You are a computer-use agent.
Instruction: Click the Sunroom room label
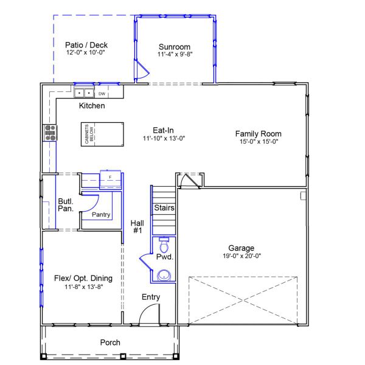tap(175, 47)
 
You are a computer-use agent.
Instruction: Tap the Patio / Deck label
tap(86, 44)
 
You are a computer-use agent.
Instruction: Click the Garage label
tap(241, 248)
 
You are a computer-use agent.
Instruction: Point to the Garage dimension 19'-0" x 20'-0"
tap(241, 255)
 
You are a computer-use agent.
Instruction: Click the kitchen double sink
tap(85, 93)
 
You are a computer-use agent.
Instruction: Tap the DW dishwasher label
tap(102, 94)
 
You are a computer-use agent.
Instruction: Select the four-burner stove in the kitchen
tap(49, 133)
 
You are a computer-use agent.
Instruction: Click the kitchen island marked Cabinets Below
tap(101, 133)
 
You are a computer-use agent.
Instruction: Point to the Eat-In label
tap(163, 130)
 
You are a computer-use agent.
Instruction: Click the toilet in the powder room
tap(162, 246)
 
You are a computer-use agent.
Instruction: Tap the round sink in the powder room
tap(164, 276)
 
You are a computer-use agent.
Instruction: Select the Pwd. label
tap(165, 257)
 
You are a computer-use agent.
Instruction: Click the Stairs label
tap(164, 208)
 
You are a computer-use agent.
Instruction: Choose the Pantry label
tap(100, 214)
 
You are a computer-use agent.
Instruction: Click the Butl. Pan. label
tap(66, 204)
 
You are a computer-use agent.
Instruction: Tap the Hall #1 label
tap(137, 227)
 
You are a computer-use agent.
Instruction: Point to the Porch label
tap(110, 342)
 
